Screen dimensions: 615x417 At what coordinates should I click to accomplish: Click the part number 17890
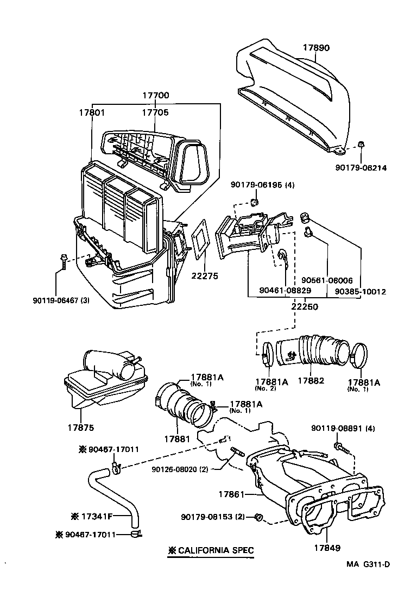316,48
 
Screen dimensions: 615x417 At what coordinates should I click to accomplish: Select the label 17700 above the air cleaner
156,96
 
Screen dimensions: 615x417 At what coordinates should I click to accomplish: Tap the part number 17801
92,112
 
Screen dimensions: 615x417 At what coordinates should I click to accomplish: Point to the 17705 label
155,112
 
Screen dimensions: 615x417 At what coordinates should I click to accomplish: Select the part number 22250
305,306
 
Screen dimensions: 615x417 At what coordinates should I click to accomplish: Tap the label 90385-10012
360,292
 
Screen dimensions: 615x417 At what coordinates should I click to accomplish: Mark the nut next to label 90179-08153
260,517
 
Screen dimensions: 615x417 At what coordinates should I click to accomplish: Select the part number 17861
233,494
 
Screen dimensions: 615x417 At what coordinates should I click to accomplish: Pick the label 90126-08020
180,469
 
